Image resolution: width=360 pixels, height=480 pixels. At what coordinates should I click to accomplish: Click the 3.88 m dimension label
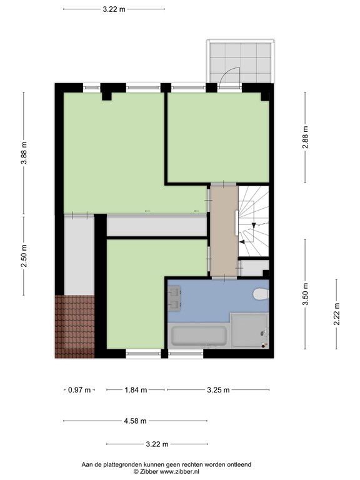(24, 152)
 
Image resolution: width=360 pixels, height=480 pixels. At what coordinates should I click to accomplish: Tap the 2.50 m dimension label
(24, 256)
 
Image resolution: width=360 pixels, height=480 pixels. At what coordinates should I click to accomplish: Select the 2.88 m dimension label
(305, 137)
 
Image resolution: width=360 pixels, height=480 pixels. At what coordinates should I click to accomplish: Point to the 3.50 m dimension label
(305, 294)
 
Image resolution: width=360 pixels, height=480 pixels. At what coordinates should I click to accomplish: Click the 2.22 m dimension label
(336, 314)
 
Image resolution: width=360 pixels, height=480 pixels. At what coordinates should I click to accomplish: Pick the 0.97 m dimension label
(79, 390)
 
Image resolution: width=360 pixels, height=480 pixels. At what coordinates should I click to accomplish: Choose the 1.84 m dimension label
(136, 390)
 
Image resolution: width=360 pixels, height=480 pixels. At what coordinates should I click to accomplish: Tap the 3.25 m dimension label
(218, 390)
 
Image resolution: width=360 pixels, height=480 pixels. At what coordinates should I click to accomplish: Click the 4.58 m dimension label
(135, 421)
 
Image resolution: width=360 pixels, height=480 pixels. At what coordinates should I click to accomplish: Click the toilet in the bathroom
(261, 294)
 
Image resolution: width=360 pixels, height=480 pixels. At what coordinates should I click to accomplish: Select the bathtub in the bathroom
(199, 336)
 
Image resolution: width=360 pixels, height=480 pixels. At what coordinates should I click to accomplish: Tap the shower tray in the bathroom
(249, 331)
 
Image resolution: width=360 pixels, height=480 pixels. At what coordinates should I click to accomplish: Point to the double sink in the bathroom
(174, 299)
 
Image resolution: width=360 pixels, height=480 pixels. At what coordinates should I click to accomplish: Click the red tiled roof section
(75, 327)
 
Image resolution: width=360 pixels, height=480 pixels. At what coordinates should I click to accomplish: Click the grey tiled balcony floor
(241, 63)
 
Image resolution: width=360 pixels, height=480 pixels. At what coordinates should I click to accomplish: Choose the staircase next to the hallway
(254, 221)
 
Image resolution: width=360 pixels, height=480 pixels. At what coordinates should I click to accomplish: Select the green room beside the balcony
(219, 137)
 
